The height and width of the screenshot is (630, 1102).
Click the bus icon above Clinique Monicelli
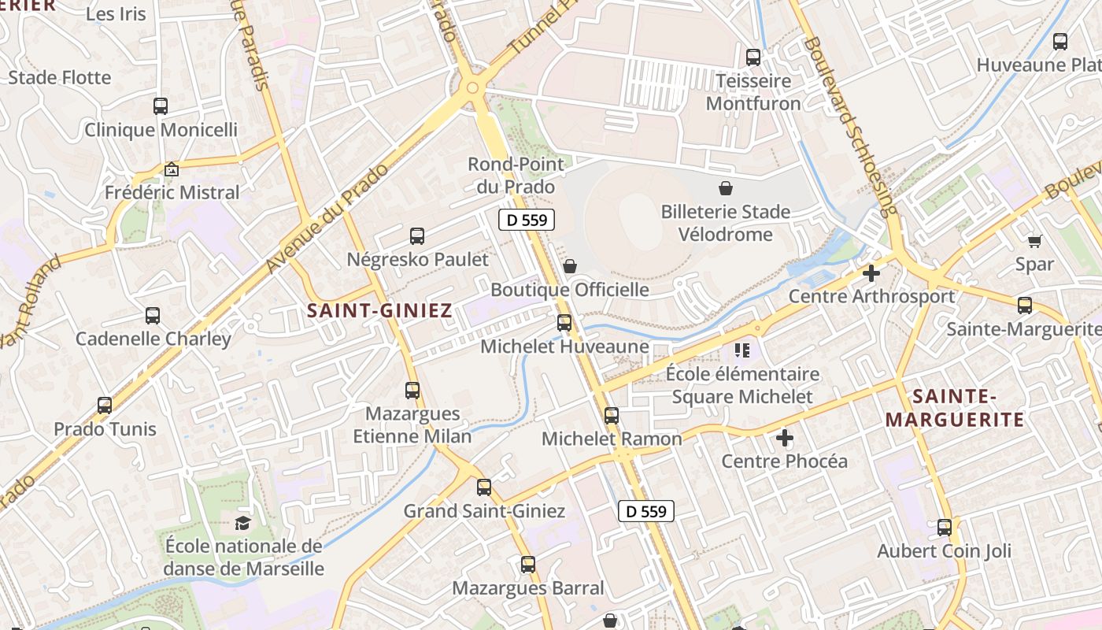161,106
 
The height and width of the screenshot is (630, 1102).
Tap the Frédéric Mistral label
172,192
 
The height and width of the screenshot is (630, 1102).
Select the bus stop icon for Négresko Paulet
417,235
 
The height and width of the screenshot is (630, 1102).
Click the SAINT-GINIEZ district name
379,310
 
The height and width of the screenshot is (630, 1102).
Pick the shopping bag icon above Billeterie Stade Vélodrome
725,188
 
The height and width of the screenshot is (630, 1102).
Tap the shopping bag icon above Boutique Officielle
570,267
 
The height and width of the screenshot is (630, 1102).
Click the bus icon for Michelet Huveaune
564,322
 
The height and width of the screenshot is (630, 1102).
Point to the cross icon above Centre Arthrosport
871,273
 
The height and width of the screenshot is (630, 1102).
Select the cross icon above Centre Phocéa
784,437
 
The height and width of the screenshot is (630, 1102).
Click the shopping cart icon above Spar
1034,241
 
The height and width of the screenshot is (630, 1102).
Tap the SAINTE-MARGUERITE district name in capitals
955,407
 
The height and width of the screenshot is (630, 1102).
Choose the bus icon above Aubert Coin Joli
944,527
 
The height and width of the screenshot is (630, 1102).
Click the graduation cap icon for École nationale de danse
243,523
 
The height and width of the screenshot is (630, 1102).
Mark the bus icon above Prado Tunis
105,406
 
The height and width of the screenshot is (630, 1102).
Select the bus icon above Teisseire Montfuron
753,57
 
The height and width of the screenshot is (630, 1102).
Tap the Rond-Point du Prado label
516,176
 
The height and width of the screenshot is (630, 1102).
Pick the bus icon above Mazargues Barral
528,565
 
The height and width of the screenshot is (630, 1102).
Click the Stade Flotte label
60,77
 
